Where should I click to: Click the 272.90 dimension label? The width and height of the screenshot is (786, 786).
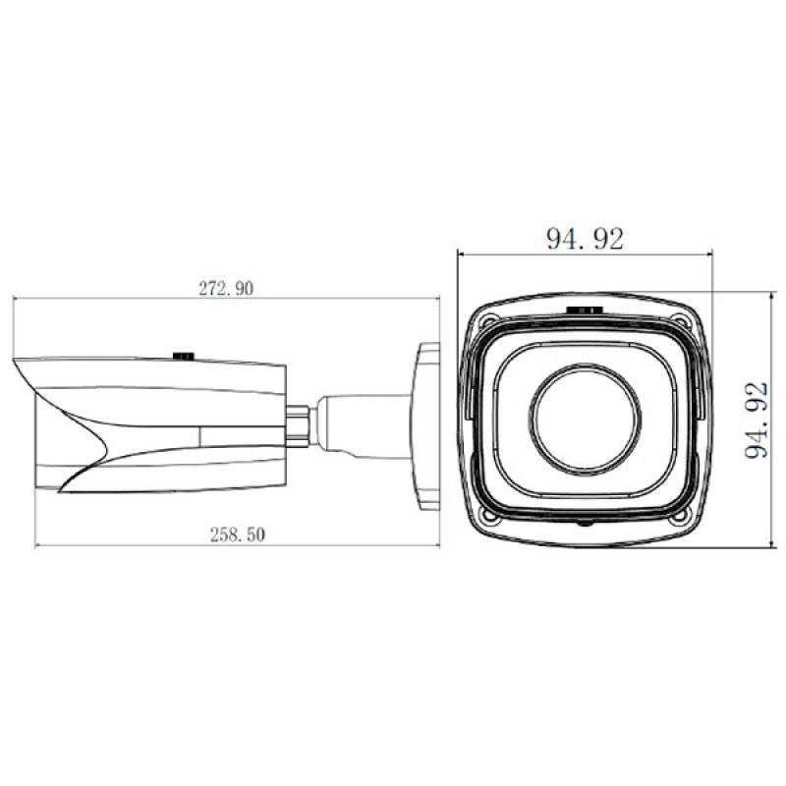[x=226, y=288]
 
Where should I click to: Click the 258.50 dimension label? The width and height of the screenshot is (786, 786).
[x=237, y=534]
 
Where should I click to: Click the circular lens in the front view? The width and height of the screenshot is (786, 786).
[x=585, y=420]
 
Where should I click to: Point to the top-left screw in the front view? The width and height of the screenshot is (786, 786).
[x=487, y=319]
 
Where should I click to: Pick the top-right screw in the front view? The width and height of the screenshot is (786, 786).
[x=679, y=320]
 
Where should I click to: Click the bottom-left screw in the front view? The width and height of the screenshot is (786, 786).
[x=487, y=515]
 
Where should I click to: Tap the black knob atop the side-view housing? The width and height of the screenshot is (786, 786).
[x=184, y=356]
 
